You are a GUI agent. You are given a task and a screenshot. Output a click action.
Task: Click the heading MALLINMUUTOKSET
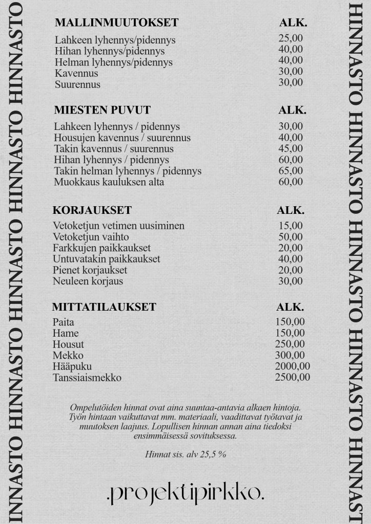(116, 23)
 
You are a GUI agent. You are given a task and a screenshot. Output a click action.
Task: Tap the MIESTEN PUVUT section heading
(102, 110)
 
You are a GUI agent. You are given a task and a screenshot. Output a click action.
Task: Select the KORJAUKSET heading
(92, 210)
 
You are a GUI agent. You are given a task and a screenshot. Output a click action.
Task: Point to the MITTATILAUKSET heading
(104, 308)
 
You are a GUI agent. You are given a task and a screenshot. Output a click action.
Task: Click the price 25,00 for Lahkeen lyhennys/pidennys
(291, 38)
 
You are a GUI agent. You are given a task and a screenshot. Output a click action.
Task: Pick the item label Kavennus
(76, 73)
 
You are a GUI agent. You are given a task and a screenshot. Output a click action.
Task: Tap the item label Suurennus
(77, 84)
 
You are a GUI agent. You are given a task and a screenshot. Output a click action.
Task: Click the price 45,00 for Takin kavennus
(291, 148)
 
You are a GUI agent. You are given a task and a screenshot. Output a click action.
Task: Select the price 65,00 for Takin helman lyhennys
(291, 171)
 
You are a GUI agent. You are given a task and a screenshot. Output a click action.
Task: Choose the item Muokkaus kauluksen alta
(109, 182)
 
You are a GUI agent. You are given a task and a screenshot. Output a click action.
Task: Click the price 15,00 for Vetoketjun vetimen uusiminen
(290, 226)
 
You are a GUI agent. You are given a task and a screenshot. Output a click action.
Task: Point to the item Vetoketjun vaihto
(91, 237)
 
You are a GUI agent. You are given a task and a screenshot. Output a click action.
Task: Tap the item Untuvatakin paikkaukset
(107, 259)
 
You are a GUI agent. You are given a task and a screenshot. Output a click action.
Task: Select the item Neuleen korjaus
(88, 281)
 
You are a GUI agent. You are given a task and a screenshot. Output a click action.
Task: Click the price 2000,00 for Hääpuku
(292, 366)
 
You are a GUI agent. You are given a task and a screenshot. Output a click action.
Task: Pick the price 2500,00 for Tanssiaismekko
(292, 378)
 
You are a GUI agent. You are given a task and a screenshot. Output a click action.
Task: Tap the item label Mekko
(68, 356)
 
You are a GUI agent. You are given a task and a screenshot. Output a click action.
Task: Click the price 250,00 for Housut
(290, 344)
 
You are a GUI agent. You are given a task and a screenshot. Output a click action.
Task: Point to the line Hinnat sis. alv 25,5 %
(186, 454)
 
